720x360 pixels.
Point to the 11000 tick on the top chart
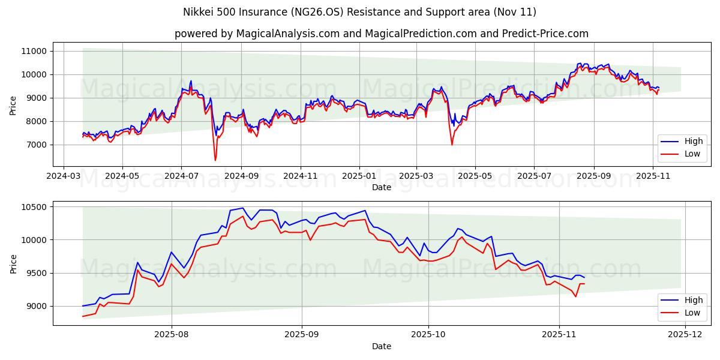[x=34, y=51]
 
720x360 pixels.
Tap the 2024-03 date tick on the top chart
[x=64, y=176]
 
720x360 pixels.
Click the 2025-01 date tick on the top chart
[x=359, y=176]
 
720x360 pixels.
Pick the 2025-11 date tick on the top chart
[x=653, y=176]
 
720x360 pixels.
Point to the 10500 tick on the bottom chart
[x=34, y=207]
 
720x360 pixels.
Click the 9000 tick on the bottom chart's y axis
[x=37, y=306]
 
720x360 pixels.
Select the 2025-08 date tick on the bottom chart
[x=172, y=335]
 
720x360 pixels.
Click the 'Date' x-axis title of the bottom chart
[x=381, y=346]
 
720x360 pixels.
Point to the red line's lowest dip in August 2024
[x=215, y=160]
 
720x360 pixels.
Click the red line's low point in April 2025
[x=452, y=145]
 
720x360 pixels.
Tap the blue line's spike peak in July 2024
[x=191, y=81]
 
